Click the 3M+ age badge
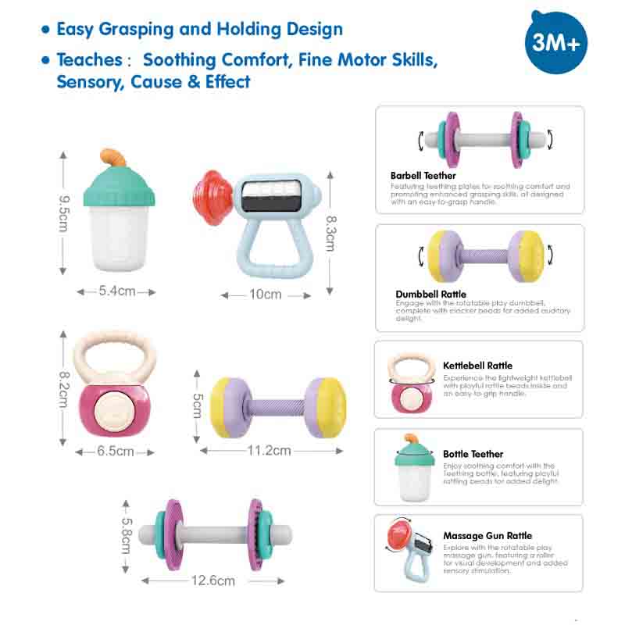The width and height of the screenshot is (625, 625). tap(555, 43)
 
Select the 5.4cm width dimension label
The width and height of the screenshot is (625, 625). tap(117, 291)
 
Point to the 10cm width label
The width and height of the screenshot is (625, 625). tap(265, 295)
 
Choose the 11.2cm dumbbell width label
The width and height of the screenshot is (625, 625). tap(270, 450)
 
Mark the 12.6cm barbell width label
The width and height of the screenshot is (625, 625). tap(214, 580)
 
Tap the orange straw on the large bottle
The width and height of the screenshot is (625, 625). tap(116, 156)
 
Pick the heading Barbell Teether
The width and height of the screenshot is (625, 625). tap(423, 176)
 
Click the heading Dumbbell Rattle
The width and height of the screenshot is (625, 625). tap(430, 295)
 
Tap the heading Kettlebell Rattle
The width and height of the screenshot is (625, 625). tap(477, 366)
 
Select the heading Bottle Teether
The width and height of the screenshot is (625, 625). tap(473, 454)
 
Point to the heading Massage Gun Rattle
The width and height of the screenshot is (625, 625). tap(487, 536)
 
